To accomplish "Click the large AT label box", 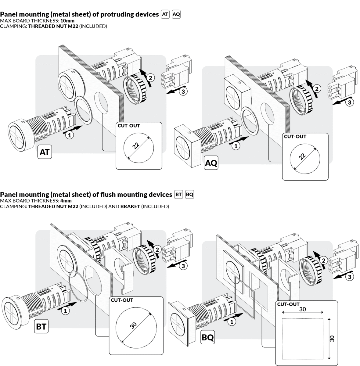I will [x=45, y=152].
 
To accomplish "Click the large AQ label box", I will [x=211, y=163].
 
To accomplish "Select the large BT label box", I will [x=41, y=326].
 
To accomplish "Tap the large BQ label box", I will [x=208, y=338].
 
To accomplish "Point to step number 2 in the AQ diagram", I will [x=317, y=89].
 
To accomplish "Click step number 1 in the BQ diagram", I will [x=231, y=321].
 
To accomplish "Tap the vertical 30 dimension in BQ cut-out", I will [x=332, y=338].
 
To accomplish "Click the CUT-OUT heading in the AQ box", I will [x=295, y=137].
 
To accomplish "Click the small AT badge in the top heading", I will [x=165, y=14].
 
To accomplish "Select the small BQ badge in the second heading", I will [x=189, y=195].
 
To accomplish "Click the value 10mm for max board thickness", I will [x=67, y=21].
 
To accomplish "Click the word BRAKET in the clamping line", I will [x=130, y=206].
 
